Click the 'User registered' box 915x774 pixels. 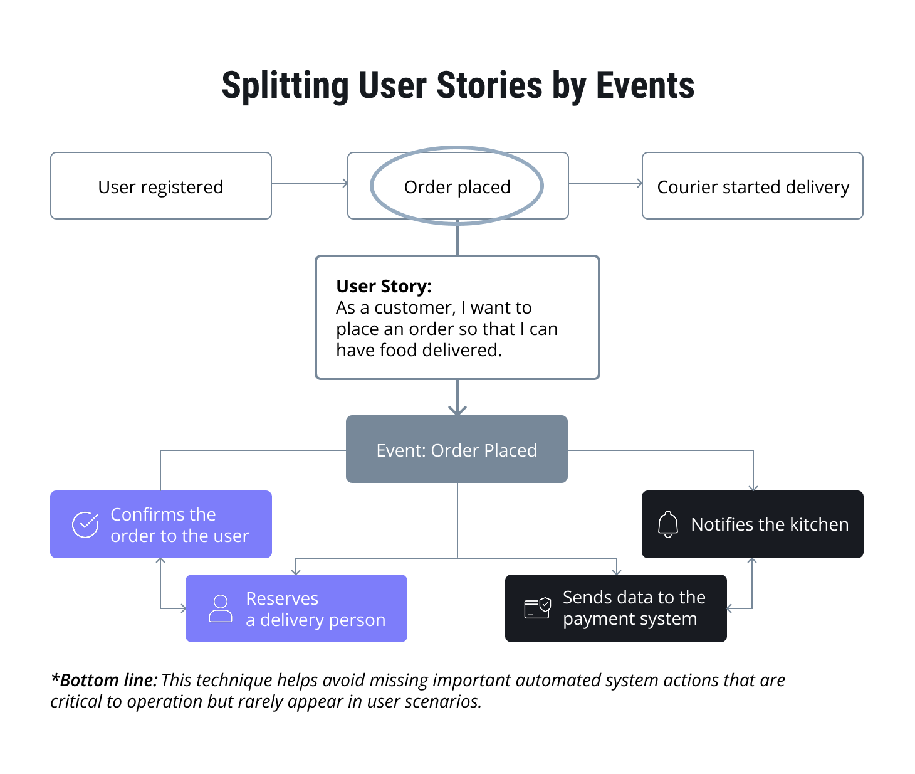[x=160, y=186]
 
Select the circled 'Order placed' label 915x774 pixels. [x=457, y=187]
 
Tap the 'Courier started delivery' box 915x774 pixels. [x=753, y=187]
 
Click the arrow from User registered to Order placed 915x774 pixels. [x=310, y=183]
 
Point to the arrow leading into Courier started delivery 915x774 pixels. [x=605, y=183]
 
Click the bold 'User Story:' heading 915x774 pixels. [x=384, y=286]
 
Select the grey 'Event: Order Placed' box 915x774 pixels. [x=456, y=450]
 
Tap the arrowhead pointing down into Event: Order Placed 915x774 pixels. [x=457, y=410]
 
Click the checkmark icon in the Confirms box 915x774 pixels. [x=85, y=525]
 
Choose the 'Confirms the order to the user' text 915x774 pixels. [x=179, y=525]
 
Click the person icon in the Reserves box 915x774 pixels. [x=220, y=608]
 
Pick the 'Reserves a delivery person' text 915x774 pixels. [x=315, y=609]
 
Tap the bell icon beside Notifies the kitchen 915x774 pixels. [x=668, y=524]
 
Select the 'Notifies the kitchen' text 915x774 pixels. [x=770, y=524]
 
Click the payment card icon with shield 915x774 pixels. [x=537, y=608]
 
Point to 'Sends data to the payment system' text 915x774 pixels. [x=634, y=608]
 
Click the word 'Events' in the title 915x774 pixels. [x=645, y=85]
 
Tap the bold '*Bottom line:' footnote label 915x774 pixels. [x=104, y=680]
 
